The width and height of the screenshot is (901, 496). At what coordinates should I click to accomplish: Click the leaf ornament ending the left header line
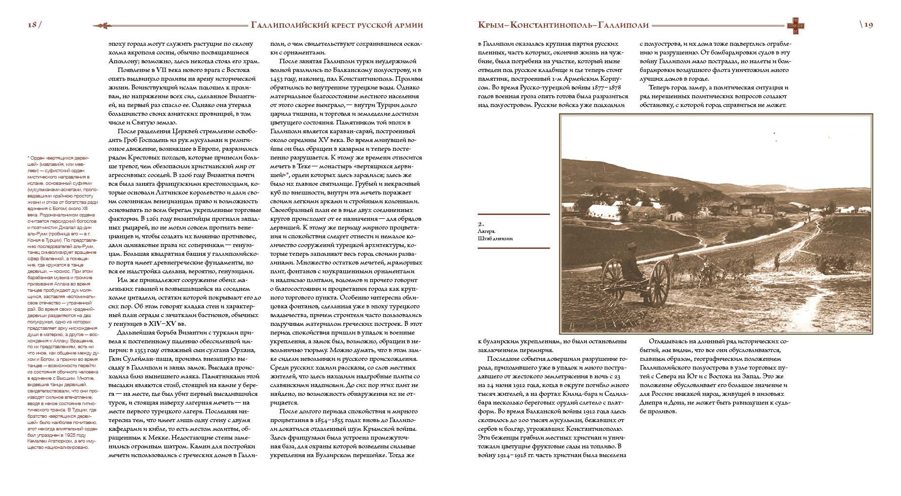pyautogui.click(x=104, y=25)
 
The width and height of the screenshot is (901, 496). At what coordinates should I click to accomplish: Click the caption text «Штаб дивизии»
pyautogui.click(x=495, y=238)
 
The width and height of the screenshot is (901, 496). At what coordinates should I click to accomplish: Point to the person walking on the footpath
pyautogui.click(x=776, y=262)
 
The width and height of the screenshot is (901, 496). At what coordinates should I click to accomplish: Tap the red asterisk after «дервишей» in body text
pyautogui.click(x=287, y=175)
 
